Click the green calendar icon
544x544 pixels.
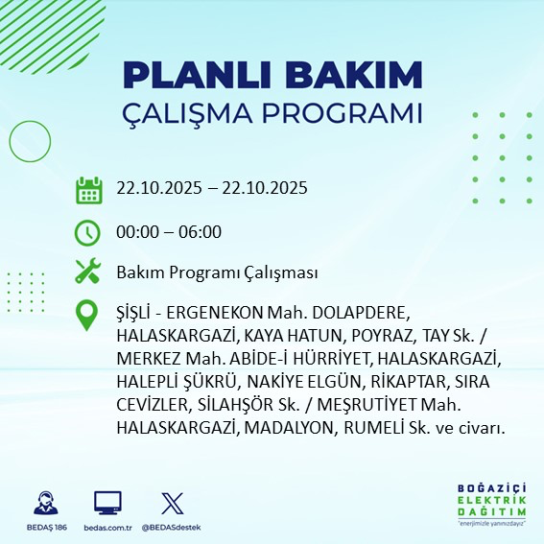[88, 189]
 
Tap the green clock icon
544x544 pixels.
[88, 232]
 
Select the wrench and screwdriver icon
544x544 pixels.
[88, 272]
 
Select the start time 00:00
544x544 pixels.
[137, 232]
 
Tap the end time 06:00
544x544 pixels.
[201, 232]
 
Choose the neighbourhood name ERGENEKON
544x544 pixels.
[217, 314]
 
